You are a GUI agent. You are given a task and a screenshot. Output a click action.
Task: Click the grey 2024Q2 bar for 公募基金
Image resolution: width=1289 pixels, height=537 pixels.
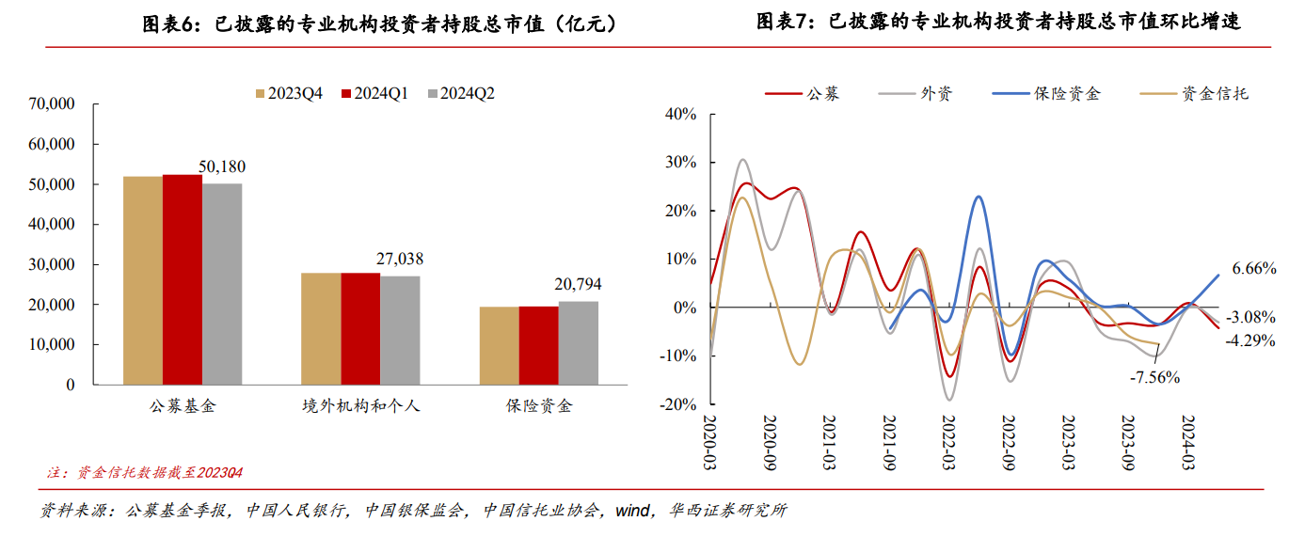coord(222,283)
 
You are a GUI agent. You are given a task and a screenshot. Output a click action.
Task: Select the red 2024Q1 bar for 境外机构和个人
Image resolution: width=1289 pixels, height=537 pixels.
coord(360,328)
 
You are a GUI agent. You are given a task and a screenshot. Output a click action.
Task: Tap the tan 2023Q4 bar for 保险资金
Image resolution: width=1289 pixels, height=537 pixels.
coord(499,345)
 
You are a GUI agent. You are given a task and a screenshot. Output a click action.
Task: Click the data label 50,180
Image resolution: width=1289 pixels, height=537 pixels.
coord(222,166)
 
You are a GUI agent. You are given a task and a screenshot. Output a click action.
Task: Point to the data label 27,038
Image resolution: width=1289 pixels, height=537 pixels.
coord(400,259)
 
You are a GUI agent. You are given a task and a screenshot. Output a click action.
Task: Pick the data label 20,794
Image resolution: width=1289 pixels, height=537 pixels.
coord(578,284)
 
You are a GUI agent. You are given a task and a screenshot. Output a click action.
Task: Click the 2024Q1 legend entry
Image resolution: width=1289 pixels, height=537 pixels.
coord(374,93)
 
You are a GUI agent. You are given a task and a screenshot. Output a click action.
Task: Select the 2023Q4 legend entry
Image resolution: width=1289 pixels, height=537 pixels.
coord(289,93)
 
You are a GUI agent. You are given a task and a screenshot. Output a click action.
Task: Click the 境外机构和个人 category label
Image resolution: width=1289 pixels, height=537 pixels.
coord(360,407)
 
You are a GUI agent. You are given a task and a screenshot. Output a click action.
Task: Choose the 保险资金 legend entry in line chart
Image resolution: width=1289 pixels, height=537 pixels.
coord(1046,94)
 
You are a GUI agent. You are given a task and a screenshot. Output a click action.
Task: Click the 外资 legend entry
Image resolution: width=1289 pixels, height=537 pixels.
coord(916,94)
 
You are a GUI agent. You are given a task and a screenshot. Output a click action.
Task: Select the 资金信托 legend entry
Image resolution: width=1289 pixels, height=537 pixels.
coord(1195,94)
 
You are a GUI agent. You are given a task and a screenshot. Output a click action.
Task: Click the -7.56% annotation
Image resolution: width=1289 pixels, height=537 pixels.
coord(1155,377)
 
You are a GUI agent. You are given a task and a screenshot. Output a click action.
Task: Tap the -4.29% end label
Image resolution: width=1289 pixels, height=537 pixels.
coord(1250,340)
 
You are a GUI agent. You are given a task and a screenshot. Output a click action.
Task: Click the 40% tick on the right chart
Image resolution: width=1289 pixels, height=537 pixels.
coord(679,115)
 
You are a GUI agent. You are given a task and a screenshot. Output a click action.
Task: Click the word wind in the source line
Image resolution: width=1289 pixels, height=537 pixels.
coord(632,512)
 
